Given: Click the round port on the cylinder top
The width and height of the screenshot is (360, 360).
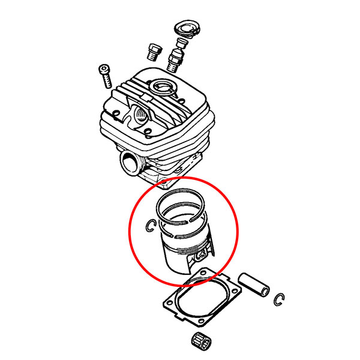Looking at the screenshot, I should [164, 88].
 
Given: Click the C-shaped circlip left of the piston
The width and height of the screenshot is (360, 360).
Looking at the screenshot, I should [151, 226].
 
